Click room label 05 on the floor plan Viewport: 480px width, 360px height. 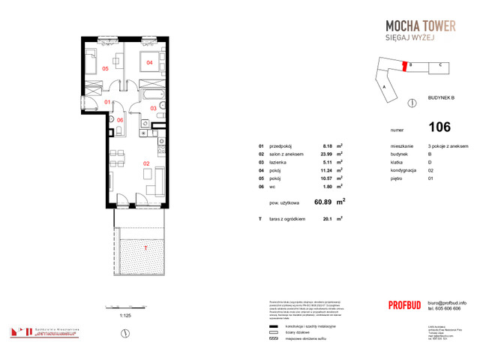click(x=106, y=68)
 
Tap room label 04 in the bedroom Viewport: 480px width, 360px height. click(x=149, y=62)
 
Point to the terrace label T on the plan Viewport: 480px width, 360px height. click(x=146, y=246)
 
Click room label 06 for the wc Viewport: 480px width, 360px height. click(x=120, y=119)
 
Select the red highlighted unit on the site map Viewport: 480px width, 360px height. click(x=410, y=65)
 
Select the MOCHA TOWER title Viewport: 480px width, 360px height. click(x=415, y=27)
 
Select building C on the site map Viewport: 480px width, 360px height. click(x=439, y=65)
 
